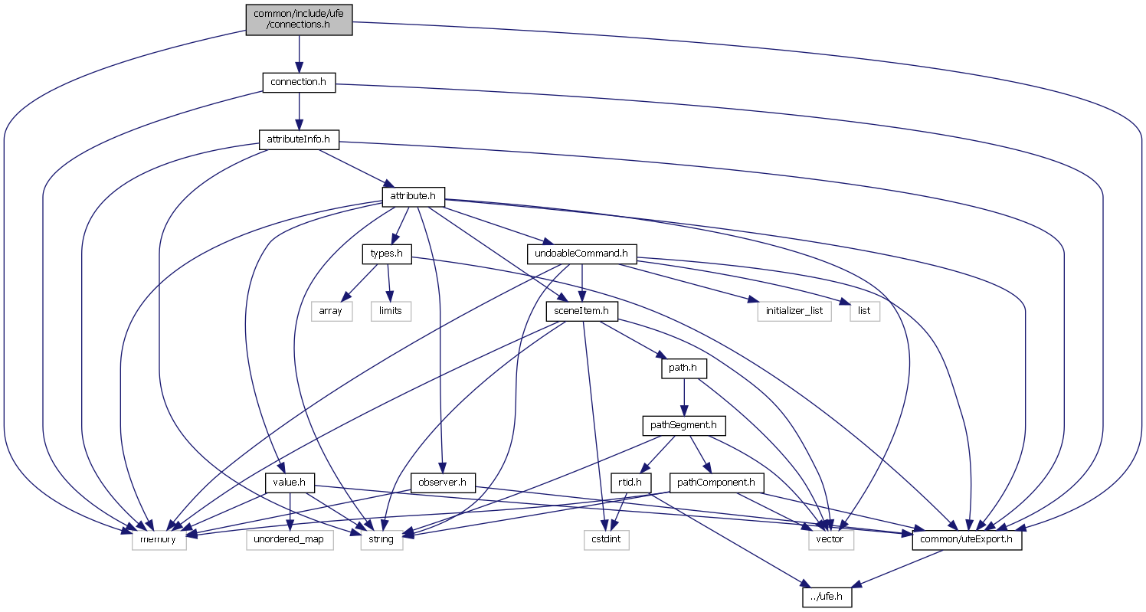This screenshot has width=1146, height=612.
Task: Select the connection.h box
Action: [299, 83]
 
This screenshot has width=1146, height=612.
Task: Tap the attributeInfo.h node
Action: [299, 139]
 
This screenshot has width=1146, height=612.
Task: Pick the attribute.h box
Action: [413, 197]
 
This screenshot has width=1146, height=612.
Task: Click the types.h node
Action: [387, 254]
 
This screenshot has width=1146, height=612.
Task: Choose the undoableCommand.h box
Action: [582, 254]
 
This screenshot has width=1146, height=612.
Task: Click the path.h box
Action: [683, 368]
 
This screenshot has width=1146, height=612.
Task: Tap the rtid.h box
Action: [630, 483]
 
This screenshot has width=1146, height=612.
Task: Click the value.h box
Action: [290, 483]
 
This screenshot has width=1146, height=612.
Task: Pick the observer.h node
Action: [444, 483]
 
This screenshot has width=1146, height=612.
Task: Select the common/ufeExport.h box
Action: [967, 539]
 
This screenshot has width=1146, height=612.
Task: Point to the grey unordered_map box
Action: [290, 539]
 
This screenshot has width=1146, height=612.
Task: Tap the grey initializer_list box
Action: [794, 311]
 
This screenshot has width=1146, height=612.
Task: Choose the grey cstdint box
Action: [605, 539]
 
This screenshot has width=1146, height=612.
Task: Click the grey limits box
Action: [391, 311]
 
